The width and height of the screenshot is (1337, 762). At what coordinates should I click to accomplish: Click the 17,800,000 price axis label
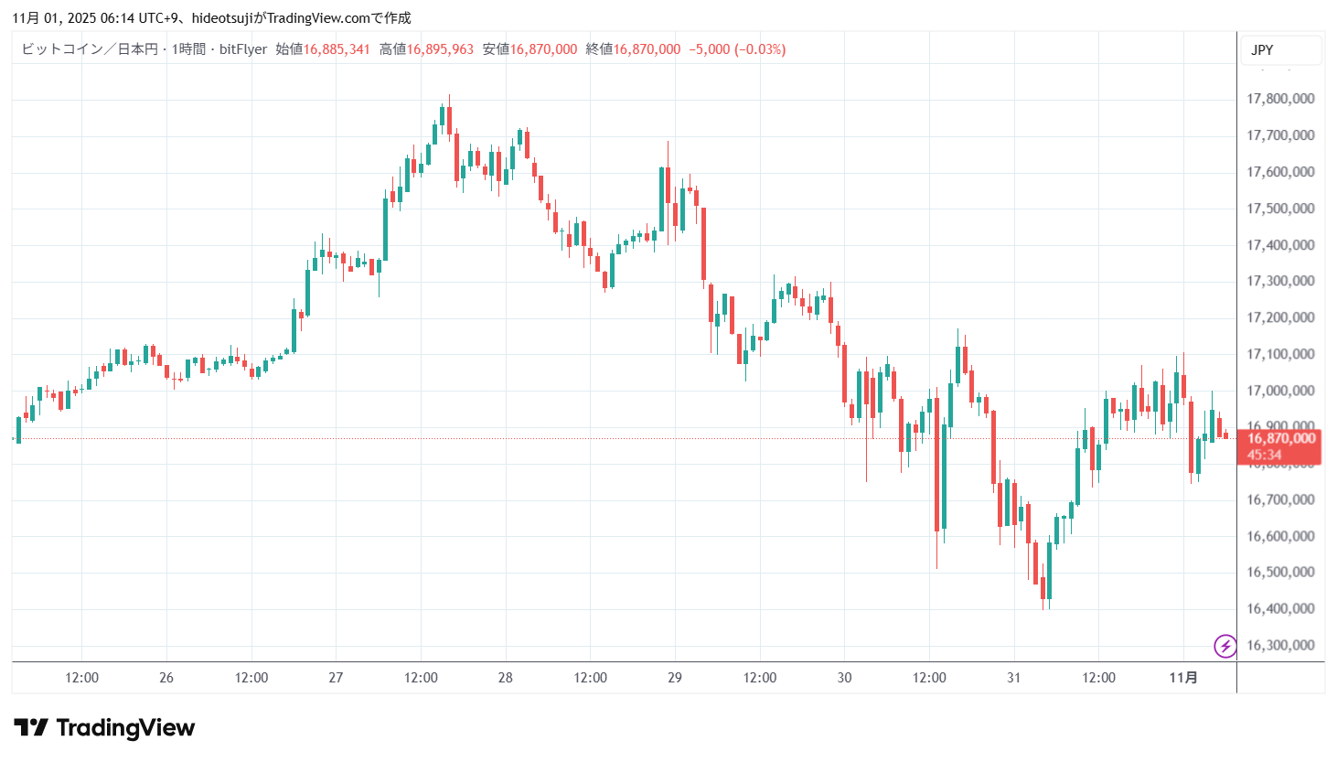(x=1280, y=99)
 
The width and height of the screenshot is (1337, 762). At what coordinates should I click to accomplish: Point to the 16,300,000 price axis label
(x=1280, y=645)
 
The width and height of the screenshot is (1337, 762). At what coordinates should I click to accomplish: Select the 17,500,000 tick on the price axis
(x=1280, y=209)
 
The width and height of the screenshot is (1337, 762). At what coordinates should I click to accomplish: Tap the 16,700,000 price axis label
(x=1280, y=499)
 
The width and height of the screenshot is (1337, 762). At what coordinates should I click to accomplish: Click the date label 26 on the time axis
(x=166, y=678)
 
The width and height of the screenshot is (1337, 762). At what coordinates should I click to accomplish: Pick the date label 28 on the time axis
(x=506, y=678)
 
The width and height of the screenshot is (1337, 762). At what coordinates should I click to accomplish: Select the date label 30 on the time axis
(x=844, y=678)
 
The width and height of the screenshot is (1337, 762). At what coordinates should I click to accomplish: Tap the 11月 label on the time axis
(x=1183, y=678)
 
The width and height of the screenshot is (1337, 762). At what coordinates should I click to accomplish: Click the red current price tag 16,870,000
(x=1280, y=439)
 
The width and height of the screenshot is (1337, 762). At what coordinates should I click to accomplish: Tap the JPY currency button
(x=1262, y=50)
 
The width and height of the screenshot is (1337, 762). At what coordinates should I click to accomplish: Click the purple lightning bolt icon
(x=1225, y=646)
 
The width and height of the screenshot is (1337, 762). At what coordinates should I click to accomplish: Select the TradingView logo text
(x=125, y=728)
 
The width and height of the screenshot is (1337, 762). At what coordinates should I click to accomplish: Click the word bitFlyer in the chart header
(x=243, y=49)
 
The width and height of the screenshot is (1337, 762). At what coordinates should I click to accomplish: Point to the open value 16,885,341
(x=337, y=49)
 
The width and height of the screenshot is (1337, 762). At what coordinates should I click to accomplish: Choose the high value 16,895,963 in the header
(x=440, y=49)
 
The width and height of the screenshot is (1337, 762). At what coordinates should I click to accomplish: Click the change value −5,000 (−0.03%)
(x=737, y=49)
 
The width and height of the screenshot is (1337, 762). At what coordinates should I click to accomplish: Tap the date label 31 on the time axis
(x=1013, y=678)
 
